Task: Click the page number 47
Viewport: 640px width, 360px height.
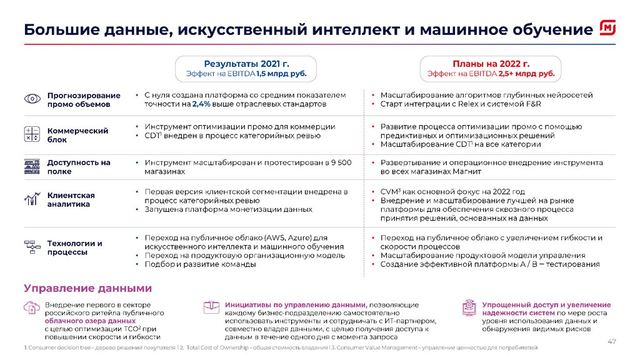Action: click(x=612, y=341)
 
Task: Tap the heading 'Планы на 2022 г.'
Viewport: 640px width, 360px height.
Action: click(x=491, y=64)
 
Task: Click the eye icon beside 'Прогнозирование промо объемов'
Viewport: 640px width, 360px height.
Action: click(x=31, y=99)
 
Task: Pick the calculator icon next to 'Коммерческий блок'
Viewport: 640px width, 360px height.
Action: click(x=31, y=134)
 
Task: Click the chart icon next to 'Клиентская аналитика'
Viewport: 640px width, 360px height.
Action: click(x=31, y=199)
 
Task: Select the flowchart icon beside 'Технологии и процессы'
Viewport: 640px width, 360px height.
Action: click(x=31, y=247)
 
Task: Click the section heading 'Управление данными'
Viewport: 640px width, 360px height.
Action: click(x=88, y=288)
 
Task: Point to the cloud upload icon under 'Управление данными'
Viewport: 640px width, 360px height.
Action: click(x=31, y=307)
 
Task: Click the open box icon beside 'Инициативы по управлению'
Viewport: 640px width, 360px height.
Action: click(x=211, y=307)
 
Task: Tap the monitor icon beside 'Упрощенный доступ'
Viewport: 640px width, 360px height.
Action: click(x=469, y=307)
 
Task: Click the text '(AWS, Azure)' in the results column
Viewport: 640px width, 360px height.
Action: click(x=288, y=238)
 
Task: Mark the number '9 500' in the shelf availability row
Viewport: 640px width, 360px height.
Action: click(x=339, y=162)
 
